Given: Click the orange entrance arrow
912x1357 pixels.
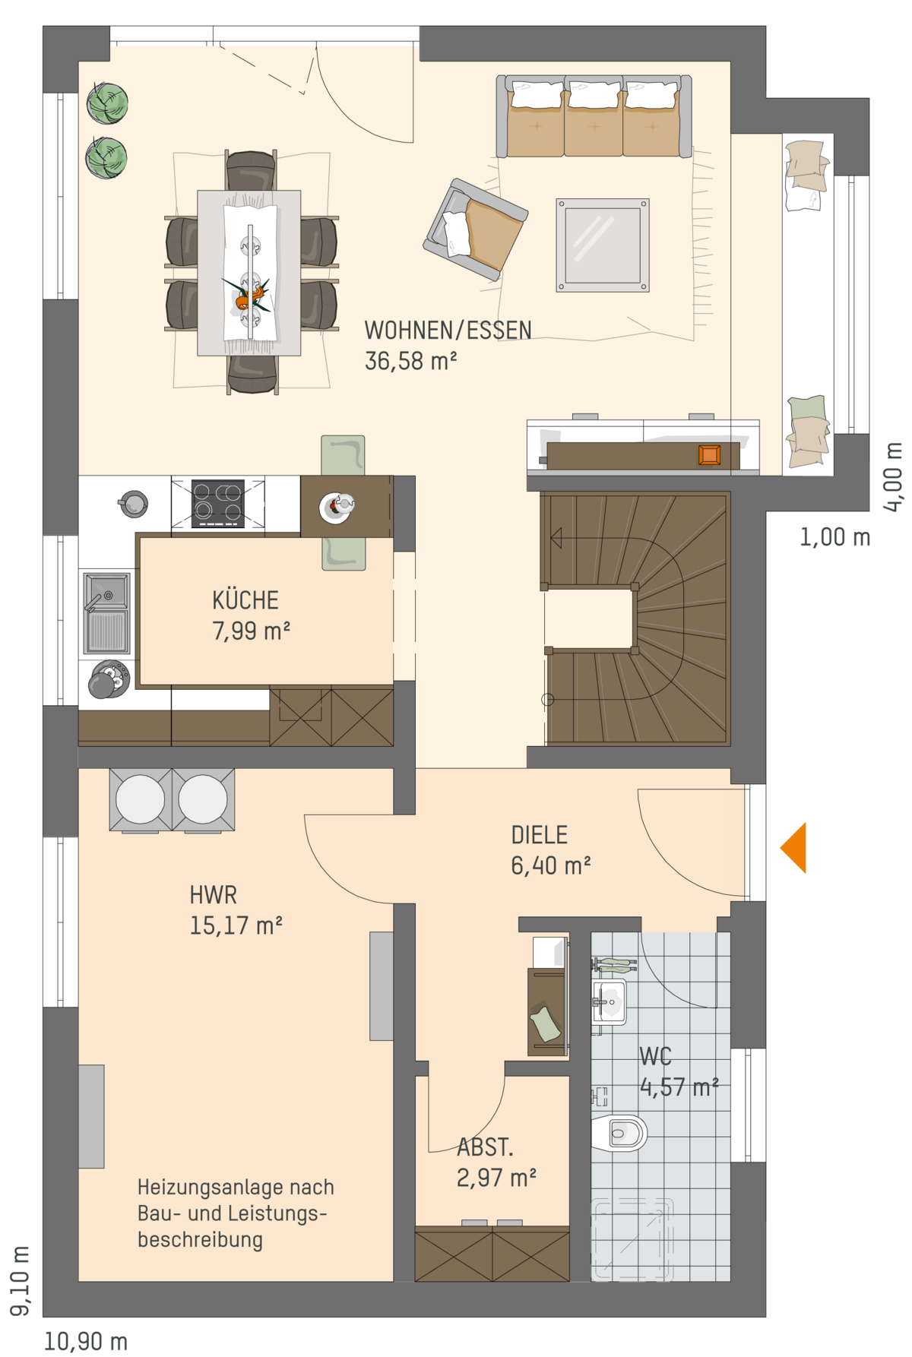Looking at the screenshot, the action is pyautogui.click(x=796, y=848).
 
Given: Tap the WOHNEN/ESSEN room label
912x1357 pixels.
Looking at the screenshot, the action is pyautogui.click(x=448, y=331).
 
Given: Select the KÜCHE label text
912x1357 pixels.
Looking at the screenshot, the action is pyautogui.click(x=245, y=600).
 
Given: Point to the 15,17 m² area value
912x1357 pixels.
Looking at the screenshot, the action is pyautogui.click(x=236, y=925).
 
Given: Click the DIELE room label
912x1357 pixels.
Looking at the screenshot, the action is pyautogui.click(x=539, y=835).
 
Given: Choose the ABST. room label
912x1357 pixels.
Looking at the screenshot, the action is pyautogui.click(x=485, y=1147).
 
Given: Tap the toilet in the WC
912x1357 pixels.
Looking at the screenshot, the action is pyautogui.click(x=619, y=1134).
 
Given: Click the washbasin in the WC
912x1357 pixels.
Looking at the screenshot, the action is pyautogui.click(x=609, y=1002).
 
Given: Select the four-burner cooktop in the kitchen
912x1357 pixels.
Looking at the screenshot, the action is pyautogui.click(x=218, y=503).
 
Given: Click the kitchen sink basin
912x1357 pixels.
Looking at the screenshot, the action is pyautogui.click(x=107, y=591).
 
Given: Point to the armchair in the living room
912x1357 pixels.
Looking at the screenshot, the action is pyautogui.click(x=476, y=229).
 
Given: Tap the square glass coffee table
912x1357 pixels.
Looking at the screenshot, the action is pyautogui.click(x=603, y=245).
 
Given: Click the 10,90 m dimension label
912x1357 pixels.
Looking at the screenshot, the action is pyautogui.click(x=86, y=1341).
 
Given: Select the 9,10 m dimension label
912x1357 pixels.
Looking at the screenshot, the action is pyautogui.click(x=21, y=1280).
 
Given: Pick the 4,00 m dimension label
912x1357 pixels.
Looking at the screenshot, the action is pyautogui.click(x=894, y=477).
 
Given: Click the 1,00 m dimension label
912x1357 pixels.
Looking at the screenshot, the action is pyautogui.click(x=834, y=537).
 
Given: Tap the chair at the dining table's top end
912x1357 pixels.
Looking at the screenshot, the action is pyautogui.click(x=251, y=170).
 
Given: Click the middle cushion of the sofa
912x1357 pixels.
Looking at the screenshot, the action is pyautogui.click(x=594, y=115).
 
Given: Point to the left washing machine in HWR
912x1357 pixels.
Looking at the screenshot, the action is pyautogui.click(x=141, y=799).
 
